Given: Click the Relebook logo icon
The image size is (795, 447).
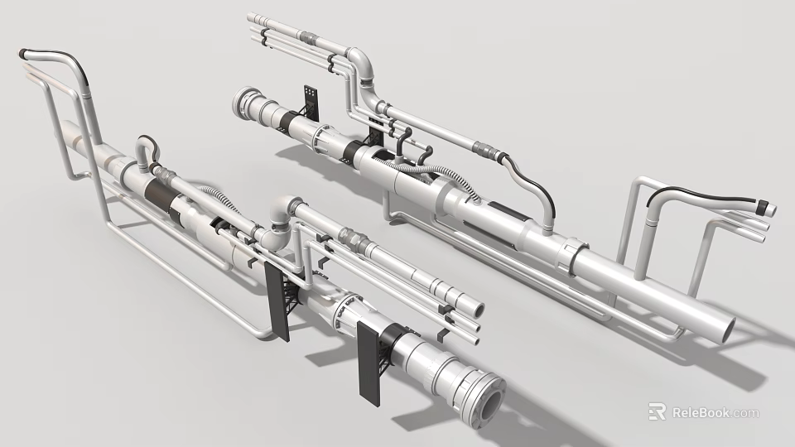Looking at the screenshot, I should tap(658, 411).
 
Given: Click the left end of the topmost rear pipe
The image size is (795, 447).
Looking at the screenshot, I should tap(252, 18).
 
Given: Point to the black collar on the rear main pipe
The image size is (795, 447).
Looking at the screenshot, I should tap(291, 124).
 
